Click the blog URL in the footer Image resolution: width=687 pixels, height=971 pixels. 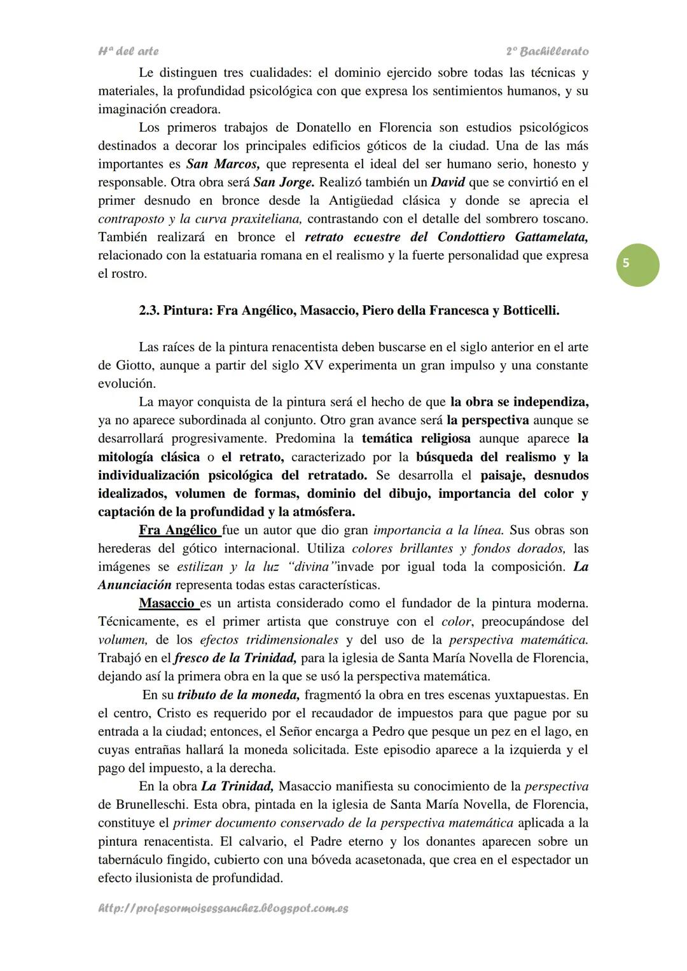(223, 908)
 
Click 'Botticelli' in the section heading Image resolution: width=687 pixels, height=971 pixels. (531, 311)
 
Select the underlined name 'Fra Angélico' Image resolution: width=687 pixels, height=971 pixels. (179, 530)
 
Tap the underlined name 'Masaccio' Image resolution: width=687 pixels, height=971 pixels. (167, 603)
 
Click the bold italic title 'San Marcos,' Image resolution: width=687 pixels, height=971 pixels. (223, 164)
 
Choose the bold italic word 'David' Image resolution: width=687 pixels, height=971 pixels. (448, 182)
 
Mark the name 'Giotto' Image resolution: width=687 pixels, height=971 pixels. (134, 366)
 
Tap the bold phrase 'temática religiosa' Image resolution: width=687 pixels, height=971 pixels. (416, 439)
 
